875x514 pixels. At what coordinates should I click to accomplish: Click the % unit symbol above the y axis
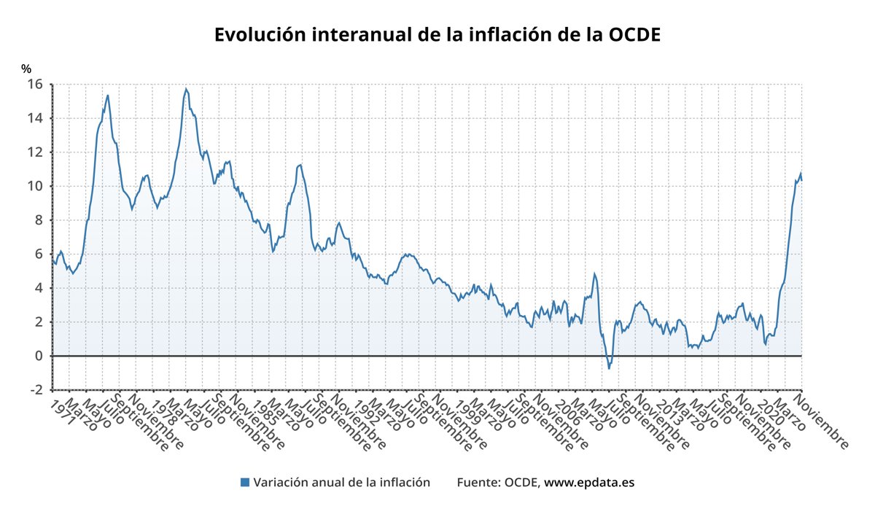pos(26,69)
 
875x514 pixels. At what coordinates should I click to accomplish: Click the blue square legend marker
pos(245,483)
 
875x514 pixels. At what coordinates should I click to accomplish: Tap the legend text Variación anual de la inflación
pos(341,483)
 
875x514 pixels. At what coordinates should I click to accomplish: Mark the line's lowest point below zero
pos(609,368)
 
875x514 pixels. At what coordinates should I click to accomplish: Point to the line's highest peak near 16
pos(186,89)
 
